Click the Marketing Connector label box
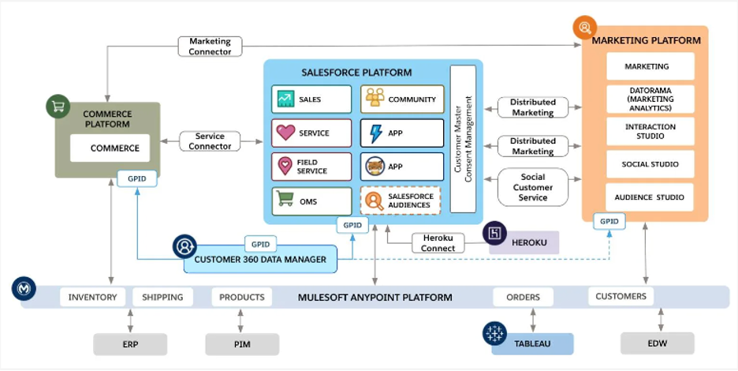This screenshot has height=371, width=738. (x=210, y=47)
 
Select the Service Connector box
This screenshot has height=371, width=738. (x=210, y=141)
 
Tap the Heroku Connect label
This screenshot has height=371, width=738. (x=438, y=243)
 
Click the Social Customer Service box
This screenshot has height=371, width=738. (x=533, y=187)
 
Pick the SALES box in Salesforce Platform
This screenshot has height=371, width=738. (x=311, y=99)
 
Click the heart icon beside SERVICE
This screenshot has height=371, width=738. (x=285, y=133)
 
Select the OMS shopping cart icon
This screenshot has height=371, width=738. (x=285, y=198)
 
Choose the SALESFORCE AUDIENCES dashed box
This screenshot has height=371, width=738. (x=401, y=200)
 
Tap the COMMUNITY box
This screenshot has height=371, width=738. (x=402, y=99)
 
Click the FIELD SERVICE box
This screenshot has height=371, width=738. (x=311, y=167)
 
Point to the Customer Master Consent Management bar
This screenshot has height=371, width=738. (x=463, y=139)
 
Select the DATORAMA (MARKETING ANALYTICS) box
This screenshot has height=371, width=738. (x=650, y=99)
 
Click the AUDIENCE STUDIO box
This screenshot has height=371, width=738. (x=650, y=197)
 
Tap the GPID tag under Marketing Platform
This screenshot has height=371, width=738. (x=609, y=221)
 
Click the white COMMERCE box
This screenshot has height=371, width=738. (x=110, y=148)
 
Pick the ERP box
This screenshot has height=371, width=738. (x=130, y=344)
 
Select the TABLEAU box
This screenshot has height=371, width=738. (x=532, y=344)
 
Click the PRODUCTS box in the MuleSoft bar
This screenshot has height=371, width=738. (x=242, y=297)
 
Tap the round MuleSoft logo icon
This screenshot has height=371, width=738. (x=24, y=288)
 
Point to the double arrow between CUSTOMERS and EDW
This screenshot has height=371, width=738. (x=661, y=320)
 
